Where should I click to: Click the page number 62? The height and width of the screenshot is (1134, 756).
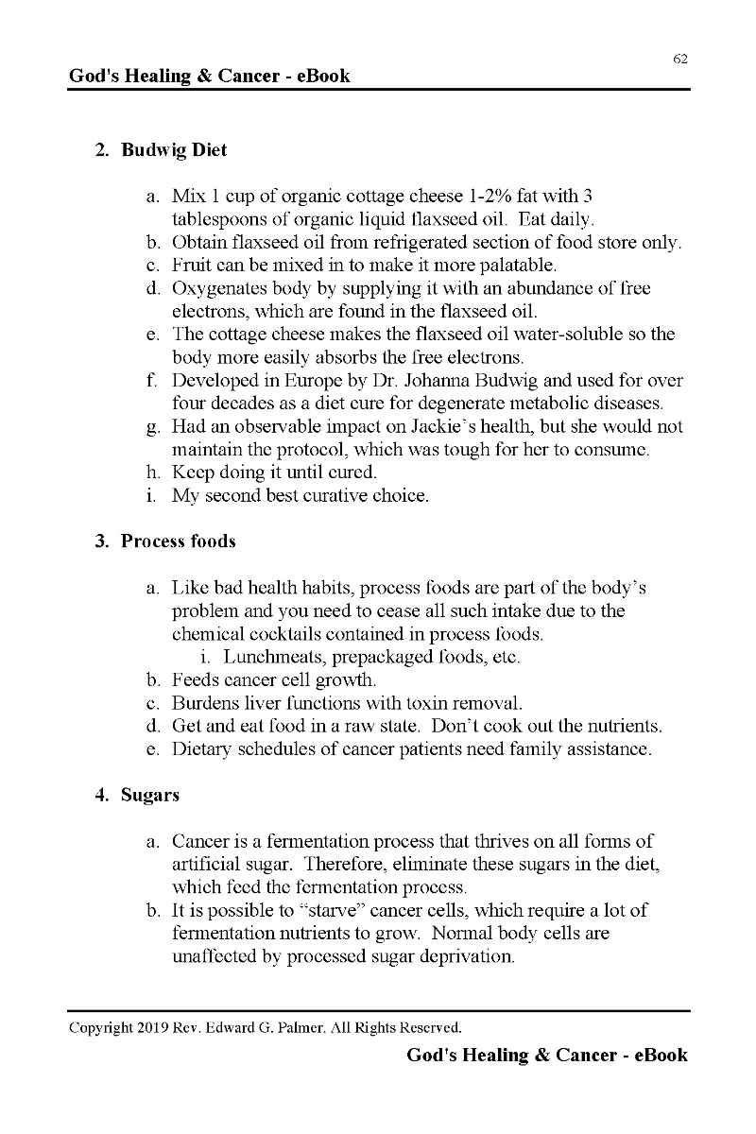pyautogui.click(x=680, y=59)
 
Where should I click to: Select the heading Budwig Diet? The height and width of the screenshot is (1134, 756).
pyautogui.click(x=174, y=150)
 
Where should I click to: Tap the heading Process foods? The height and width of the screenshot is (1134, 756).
pyautogui.click(x=179, y=541)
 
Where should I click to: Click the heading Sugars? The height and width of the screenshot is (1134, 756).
pyautogui.click(x=150, y=795)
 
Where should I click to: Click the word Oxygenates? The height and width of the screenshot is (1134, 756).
pyautogui.click(x=221, y=288)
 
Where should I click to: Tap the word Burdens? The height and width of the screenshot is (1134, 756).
pyautogui.click(x=205, y=704)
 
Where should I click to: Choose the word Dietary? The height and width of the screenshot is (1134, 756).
pyautogui.click(x=203, y=750)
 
